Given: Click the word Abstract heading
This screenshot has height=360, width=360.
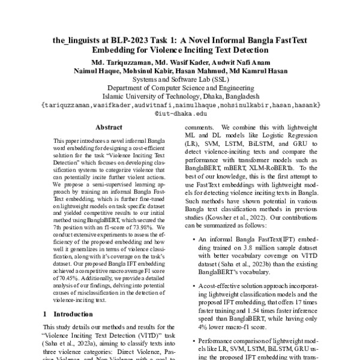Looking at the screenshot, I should point(109,128).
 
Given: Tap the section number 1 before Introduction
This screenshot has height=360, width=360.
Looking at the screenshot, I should point(46,313).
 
